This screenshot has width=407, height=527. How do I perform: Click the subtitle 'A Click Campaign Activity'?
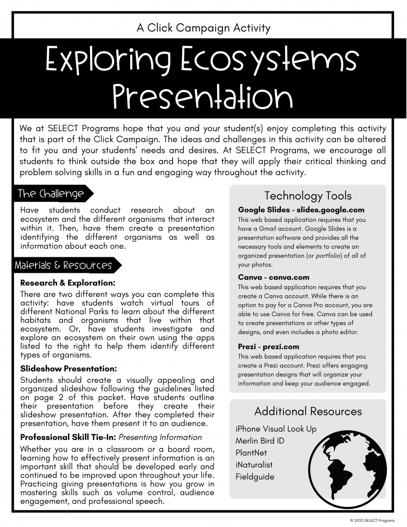pyautogui.click(x=203, y=28)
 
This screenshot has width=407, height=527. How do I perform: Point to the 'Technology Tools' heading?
pyautogui.click(x=308, y=196)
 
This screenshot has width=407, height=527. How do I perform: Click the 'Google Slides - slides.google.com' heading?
pyautogui.click(x=301, y=210)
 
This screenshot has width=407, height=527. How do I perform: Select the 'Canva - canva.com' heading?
pyautogui.click(x=274, y=277)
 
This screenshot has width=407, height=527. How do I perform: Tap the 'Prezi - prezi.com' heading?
pyautogui.click(x=268, y=346)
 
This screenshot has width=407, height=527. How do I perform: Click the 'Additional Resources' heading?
pyautogui.click(x=308, y=411)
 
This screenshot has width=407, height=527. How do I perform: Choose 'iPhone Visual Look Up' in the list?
pyautogui.click(x=276, y=429)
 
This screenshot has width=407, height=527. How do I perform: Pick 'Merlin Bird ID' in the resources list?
pyautogui.click(x=260, y=441)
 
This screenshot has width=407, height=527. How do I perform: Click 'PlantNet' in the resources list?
pyautogui.click(x=251, y=453)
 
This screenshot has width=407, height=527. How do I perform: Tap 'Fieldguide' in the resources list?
pyautogui.click(x=255, y=477)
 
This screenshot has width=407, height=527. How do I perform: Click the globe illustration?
pyautogui.click(x=349, y=464)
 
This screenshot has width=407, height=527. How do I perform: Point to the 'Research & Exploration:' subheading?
pyautogui.click(x=67, y=283)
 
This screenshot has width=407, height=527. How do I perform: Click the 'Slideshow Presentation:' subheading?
pyautogui.click(x=68, y=368)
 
